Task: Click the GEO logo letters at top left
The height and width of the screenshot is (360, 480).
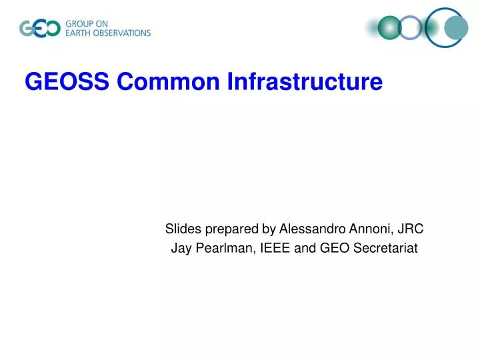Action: (x=39, y=29)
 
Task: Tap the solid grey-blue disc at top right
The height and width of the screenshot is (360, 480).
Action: (x=456, y=27)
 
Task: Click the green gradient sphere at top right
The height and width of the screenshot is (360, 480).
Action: (x=389, y=27)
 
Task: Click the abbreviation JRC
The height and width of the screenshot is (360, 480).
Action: (x=410, y=229)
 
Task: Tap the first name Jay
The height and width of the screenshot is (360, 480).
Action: (x=181, y=249)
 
